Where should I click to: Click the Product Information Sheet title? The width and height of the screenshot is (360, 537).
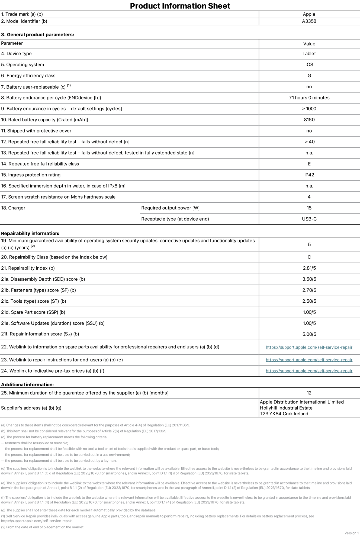click(x=180, y=6)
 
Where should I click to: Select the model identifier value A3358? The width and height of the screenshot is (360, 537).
click(x=309, y=21)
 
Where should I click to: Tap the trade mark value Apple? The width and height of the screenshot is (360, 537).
click(x=309, y=14)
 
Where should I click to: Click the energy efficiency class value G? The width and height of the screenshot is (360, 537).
click(x=309, y=76)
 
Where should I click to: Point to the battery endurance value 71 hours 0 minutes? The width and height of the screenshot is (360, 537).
click(x=309, y=98)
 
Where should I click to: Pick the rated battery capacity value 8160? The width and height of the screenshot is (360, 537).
click(x=309, y=120)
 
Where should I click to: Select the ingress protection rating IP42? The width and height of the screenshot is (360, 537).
click(x=309, y=175)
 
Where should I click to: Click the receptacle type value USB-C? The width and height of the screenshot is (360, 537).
click(x=309, y=219)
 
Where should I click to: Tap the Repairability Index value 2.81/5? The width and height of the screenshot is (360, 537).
click(x=309, y=268)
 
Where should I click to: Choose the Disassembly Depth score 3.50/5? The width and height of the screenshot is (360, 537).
click(x=309, y=279)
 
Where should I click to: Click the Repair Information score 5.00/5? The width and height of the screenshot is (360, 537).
click(x=309, y=334)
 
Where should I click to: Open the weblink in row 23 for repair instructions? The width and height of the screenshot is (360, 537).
click(x=309, y=360)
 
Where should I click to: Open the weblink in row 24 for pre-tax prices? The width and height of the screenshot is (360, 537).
click(x=309, y=371)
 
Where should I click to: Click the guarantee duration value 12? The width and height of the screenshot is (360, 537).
click(x=309, y=393)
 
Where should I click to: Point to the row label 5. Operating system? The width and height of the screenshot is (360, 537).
click(x=22, y=64)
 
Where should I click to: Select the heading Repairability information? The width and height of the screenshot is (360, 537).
click(x=30, y=233)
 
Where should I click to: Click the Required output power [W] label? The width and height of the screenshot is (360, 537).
click(x=170, y=208)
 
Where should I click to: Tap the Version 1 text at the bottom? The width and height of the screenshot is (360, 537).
click(x=352, y=533)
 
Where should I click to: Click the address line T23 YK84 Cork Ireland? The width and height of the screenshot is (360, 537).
click(x=284, y=414)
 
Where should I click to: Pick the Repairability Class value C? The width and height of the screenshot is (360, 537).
click(x=309, y=257)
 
